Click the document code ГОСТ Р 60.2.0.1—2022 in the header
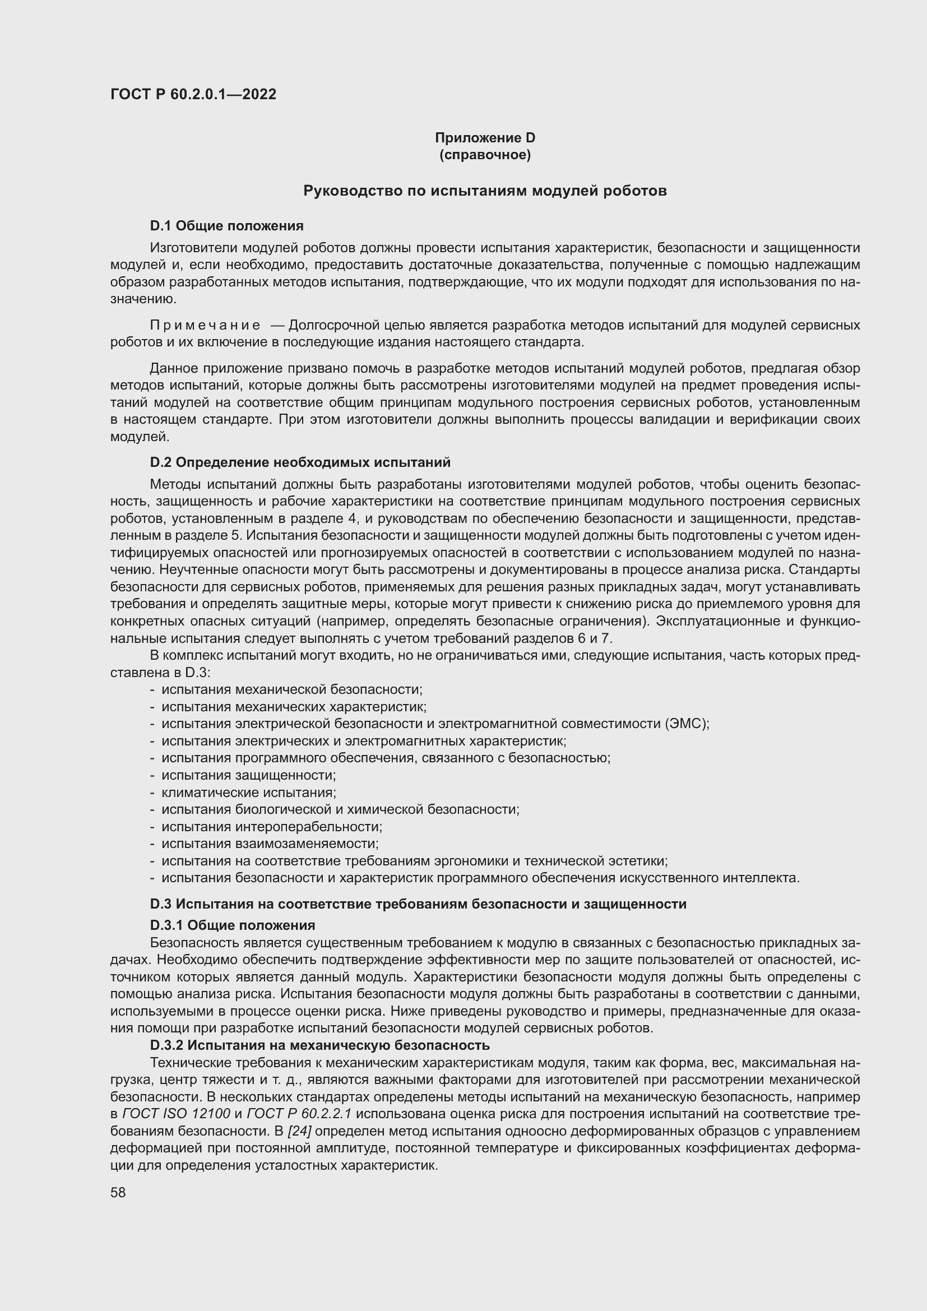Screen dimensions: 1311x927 coord(193,94)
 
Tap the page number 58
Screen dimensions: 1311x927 coord(118,1192)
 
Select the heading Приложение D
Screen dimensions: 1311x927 coord(485,138)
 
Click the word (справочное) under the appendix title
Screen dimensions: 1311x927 coord(485,155)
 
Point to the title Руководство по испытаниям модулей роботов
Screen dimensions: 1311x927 coord(485,191)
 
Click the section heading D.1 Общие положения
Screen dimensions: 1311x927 coord(226,225)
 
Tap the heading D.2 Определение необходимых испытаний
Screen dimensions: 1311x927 coord(300,462)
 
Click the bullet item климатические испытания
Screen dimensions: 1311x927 coord(249,793)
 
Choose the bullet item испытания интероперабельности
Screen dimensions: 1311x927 coord(272,827)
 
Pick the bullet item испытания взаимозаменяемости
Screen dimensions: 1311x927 coord(270,844)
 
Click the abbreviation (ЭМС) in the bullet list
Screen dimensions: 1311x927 coord(687,724)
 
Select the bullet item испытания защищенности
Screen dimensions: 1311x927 coord(249,775)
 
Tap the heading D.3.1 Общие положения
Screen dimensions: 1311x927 coord(233,925)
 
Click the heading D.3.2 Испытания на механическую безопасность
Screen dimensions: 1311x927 coord(319,1045)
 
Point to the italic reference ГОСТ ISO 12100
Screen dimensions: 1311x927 coord(177,1114)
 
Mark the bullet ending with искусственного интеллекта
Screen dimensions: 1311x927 coord(480,878)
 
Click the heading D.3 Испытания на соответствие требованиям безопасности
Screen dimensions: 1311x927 coord(418,904)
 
